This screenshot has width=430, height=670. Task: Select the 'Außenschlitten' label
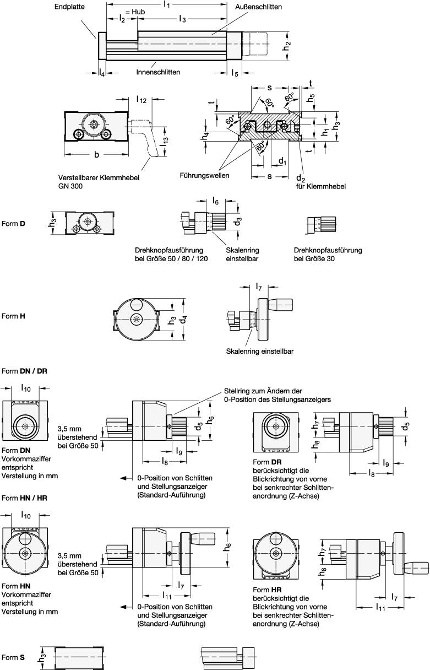click(x=258, y=7)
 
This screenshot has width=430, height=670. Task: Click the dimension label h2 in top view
click(x=287, y=45)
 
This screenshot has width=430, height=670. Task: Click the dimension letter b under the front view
click(x=97, y=155)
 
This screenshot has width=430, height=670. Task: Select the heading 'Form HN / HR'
click(x=25, y=498)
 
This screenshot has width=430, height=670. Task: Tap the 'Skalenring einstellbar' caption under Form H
click(x=259, y=351)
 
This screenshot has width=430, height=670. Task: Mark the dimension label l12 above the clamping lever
click(x=141, y=100)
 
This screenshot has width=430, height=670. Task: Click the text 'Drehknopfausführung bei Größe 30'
click(x=328, y=254)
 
